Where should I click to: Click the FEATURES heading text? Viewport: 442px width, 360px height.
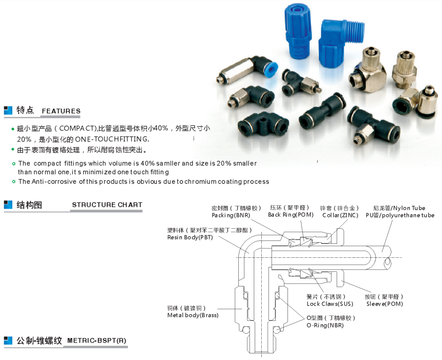[x=61, y=111]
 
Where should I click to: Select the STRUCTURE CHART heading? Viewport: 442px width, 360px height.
[x=107, y=205]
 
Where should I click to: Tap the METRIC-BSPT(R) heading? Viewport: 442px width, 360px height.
[x=96, y=340]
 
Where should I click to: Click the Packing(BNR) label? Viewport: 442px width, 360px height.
[x=231, y=215]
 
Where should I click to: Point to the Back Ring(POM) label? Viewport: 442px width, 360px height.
[x=291, y=215]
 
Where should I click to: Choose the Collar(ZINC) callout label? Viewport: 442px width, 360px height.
[x=340, y=215]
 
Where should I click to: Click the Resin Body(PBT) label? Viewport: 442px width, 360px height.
[x=190, y=237]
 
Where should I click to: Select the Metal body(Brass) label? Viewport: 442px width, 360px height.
[x=193, y=315]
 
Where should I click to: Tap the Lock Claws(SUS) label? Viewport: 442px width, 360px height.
[x=330, y=304]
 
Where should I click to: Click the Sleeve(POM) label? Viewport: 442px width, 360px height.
[x=384, y=304]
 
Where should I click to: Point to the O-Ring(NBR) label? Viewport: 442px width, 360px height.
[x=325, y=325]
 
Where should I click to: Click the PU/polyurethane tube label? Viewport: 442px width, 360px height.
[x=400, y=215]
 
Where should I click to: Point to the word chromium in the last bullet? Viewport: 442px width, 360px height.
[x=201, y=182]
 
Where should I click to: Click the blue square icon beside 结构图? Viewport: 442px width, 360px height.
[x=8, y=205]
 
